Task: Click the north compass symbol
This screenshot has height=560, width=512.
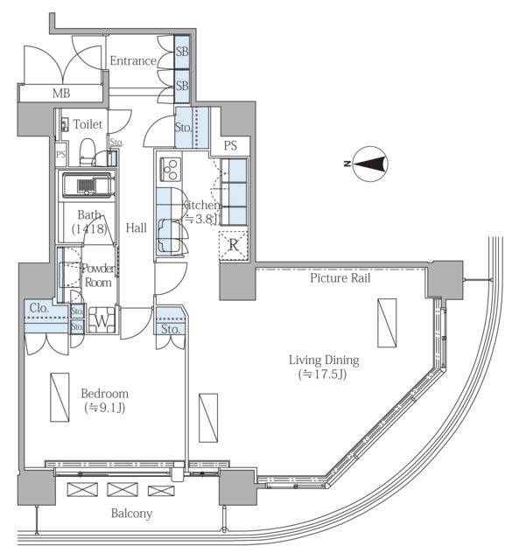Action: (x=370, y=164)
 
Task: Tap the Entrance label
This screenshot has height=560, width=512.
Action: (x=133, y=60)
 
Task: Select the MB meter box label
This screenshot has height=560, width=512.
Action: (x=61, y=94)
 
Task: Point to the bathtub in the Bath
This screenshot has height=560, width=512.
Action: (x=88, y=185)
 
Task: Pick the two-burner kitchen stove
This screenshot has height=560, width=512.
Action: (x=170, y=169)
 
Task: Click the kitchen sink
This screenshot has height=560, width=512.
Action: (x=169, y=235)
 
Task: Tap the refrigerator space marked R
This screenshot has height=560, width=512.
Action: (x=234, y=245)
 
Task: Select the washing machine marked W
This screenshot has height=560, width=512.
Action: (x=102, y=320)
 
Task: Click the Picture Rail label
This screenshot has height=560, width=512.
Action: (x=340, y=278)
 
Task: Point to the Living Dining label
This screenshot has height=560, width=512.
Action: (x=324, y=360)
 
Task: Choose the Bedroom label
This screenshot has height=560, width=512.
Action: (x=105, y=394)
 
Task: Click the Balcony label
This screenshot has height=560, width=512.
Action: (x=131, y=514)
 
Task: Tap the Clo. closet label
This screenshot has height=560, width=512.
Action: (x=39, y=308)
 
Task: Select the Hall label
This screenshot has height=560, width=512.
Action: (x=137, y=227)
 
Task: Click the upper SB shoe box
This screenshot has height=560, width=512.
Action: (x=182, y=52)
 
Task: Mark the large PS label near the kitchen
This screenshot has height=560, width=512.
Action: (x=230, y=145)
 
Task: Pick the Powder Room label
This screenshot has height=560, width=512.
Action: (x=98, y=276)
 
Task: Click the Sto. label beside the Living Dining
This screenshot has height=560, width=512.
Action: (x=170, y=329)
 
